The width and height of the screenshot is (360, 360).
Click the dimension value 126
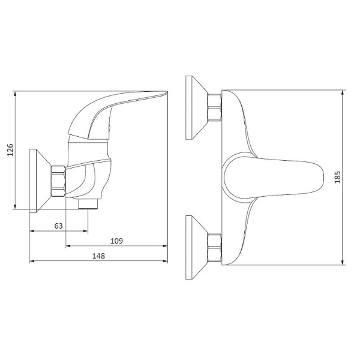[x=10, y=150]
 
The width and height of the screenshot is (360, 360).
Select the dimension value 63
[x=59, y=226]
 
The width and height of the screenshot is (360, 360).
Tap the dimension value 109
[x=116, y=241]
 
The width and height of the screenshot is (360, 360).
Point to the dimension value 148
[x=98, y=256]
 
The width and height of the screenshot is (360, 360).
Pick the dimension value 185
[x=337, y=177]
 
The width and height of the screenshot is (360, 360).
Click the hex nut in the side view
[x=58, y=181]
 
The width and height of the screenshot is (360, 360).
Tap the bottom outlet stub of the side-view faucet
[x=88, y=204]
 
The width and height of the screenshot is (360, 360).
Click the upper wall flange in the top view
[x=197, y=107]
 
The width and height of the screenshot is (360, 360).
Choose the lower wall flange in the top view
[x=197, y=248]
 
